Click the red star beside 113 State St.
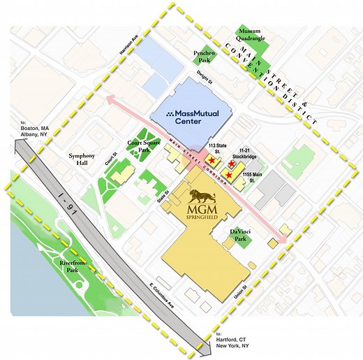[212, 161]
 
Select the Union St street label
[260, 288]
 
